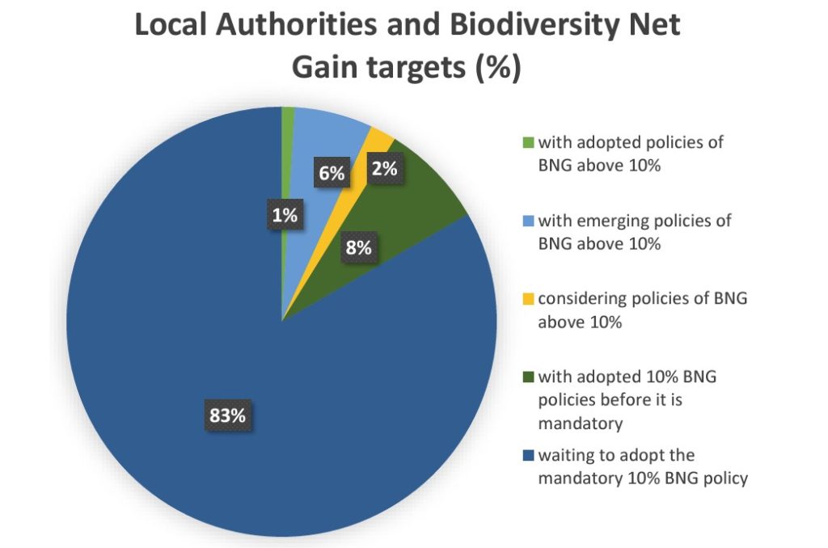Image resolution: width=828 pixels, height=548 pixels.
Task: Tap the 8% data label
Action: (358, 247)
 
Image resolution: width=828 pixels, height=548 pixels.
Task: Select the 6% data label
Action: (332, 172)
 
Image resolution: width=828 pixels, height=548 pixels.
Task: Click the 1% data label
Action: (285, 215)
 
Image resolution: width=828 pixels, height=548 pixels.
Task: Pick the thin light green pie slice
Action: (288, 162)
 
